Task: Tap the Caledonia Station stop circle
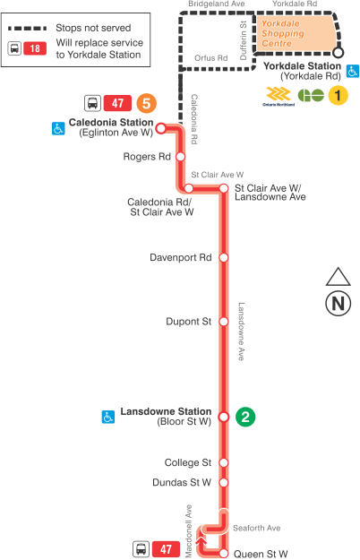click(x=161, y=128)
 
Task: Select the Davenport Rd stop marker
click(x=224, y=257)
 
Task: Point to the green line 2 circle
click(x=245, y=416)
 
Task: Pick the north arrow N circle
click(x=338, y=303)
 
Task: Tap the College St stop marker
click(x=224, y=463)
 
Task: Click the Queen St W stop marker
click(x=224, y=553)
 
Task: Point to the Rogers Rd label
click(x=148, y=157)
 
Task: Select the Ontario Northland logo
click(x=280, y=95)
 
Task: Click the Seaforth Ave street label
click(x=256, y=528)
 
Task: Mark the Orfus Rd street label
click(x=210, y=56)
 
